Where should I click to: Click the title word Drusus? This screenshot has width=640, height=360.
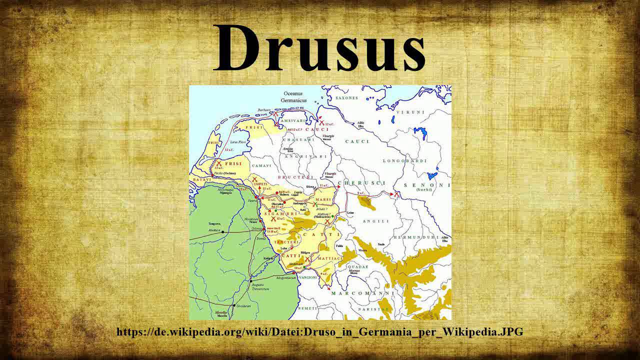point(320,47)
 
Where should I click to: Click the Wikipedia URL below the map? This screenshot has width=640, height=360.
point(320,331)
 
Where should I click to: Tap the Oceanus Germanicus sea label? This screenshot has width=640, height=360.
point(294,96)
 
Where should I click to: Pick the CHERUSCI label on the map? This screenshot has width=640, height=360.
point(356,182)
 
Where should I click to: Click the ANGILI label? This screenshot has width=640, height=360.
point(375,220)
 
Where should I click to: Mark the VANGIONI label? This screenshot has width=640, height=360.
point(308,277)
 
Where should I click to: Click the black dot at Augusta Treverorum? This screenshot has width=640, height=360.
point(250,281)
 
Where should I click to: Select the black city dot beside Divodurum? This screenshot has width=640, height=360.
point(233,305)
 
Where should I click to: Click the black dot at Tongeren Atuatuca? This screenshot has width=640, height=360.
point(223,231)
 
